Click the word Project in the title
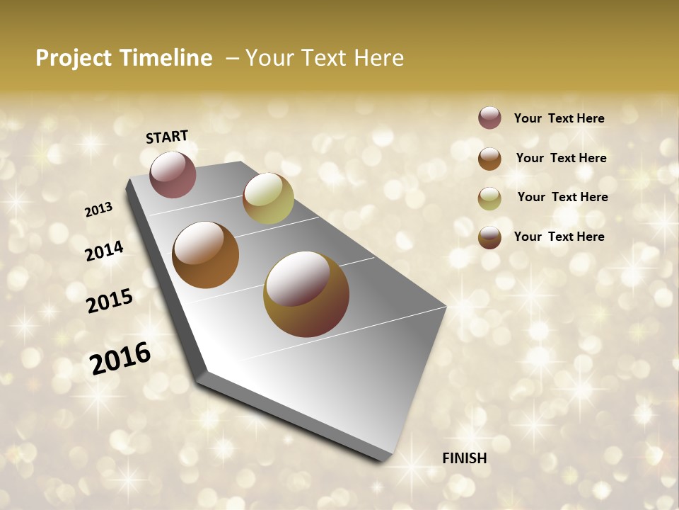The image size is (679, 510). pyautogui.click(x=74, y=58)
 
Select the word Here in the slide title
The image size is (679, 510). pyautogui.click(x=378, y=58)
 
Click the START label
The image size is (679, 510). pyautogui.click(x=167, y=137)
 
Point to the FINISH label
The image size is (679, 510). pyautogui.click(x=464, y=458)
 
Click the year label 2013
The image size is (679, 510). pyautogui.click(x=98, y=210)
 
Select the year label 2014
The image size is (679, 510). pyautogui.click(x=104, y=251)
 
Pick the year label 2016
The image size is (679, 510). pyautogui.click(x=120, y=358)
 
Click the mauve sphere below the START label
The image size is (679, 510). pyautogui.click(x=173, y=174)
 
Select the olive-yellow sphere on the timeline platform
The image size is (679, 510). pyautogui.click(x=268, y=198)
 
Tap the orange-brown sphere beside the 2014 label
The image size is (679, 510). pyautogui.click(x=206, y=255)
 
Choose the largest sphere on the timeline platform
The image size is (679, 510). pyautogui.click(x=306, y=294)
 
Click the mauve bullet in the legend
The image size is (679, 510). pyautogui.click(x=489, y=118)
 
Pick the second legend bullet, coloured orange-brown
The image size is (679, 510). pyautogui.click(x=489, y=159)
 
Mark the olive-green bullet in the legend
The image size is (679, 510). pyautogui.click(x=489, y=198)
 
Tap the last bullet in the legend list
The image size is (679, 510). pyautogui.click(x=489, y=237)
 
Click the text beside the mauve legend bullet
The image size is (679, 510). pyautogui.click(x=559, y=118)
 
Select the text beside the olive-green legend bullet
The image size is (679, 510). pyautogui.click(x=562, y=197)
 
